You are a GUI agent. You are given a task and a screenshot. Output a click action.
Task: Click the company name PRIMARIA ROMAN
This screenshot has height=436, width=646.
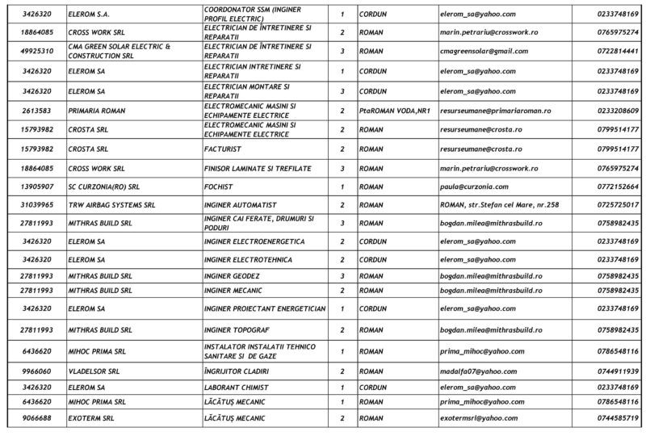click(99, 111)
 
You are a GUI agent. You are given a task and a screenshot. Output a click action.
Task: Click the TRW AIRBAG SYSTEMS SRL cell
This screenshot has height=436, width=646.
click(111, 205)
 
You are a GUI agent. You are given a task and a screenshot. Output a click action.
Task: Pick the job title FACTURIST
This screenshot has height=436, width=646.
click(222, 149)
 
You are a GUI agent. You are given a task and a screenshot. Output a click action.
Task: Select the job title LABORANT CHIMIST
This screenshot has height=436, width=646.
click(235, 387)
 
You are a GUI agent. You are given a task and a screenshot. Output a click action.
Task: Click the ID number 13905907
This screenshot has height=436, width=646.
click(38, 187)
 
